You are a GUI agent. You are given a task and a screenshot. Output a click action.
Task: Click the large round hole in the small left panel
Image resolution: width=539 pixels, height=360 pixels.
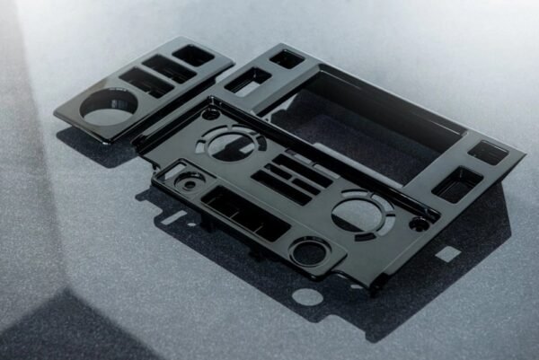[109, 108]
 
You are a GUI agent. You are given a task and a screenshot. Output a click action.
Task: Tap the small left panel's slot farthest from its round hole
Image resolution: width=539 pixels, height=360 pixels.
[193, 55]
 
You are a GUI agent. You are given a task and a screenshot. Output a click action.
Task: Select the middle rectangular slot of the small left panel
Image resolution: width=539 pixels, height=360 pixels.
[168, 68]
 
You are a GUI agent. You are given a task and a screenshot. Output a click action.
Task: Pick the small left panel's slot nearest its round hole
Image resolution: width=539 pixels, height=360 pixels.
[145, 83]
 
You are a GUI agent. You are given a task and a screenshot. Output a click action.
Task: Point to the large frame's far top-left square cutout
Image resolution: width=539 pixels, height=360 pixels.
[287, 59]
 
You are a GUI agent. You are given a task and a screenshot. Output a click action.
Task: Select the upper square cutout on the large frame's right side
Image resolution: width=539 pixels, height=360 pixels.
[488, 153]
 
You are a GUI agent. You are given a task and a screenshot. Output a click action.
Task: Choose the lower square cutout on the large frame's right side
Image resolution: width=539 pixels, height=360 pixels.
[457, 184]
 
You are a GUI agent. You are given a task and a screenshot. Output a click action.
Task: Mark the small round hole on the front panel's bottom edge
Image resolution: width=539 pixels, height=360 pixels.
[310, 252]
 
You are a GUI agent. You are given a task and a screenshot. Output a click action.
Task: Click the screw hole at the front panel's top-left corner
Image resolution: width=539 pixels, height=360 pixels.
[211, 114]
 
